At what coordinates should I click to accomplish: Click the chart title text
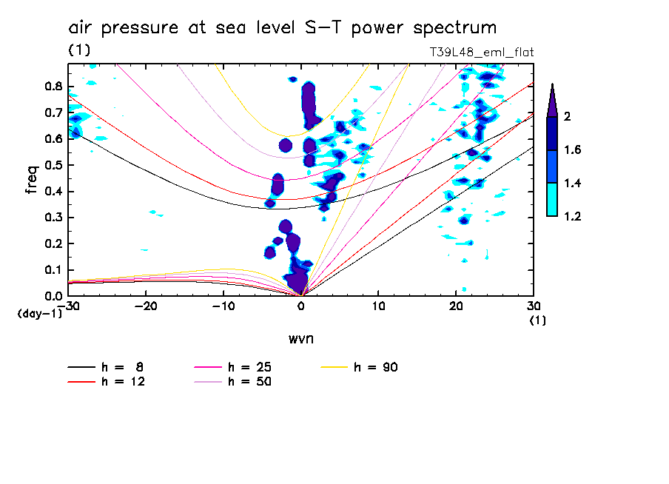tap(282, 28)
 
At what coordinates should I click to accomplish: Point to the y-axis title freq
tap(32, 180)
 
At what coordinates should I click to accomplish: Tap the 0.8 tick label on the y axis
tap(53, 86)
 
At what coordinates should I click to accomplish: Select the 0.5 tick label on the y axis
tap(53, 165)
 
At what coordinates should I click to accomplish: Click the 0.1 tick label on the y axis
tap(53, 270)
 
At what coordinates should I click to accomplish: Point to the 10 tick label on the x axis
tap(378, 306)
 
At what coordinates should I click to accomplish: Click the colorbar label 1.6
tap(573, 150)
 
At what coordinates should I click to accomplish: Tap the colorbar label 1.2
tap(573, 216)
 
